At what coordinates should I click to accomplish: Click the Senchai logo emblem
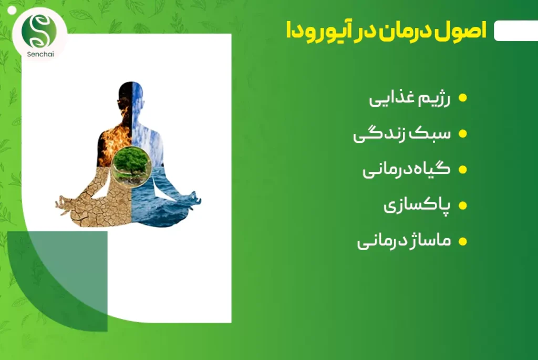pos(39,31)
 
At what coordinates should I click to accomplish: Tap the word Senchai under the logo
pos(40,54)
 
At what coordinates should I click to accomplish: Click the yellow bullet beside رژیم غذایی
pos(462,98)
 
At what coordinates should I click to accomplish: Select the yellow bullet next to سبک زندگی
pos(462,133)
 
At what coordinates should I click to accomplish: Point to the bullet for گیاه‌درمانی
pos(462,169)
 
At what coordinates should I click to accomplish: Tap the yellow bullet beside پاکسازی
pos(462,205)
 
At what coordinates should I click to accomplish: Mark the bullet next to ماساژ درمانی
pos(462,241)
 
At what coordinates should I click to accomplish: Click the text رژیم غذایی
pos(410,98)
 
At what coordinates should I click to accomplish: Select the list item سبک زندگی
pos(402,134)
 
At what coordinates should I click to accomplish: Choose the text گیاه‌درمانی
pos(407,170)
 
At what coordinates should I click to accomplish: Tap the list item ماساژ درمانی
pos(404,241)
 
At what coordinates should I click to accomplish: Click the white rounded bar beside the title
pos(516,30)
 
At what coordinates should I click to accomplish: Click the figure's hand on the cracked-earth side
pos(64,204)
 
